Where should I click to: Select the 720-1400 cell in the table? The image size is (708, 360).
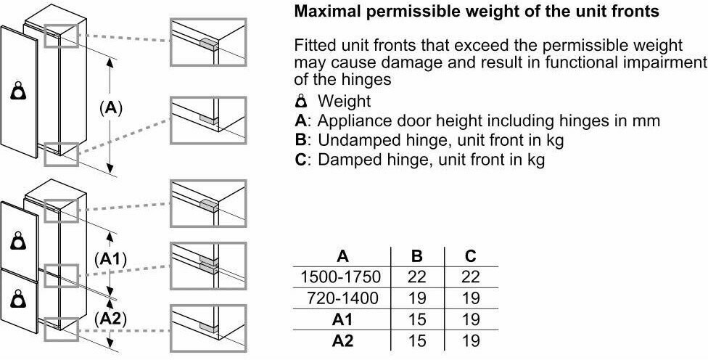pos(342,298)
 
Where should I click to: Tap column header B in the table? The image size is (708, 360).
pos(417,256)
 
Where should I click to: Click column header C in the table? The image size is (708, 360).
pos(471,256)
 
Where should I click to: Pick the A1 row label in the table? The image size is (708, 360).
pos(342,319)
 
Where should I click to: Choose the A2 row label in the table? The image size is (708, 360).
pos(342,340)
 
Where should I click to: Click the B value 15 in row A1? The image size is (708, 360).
pos(417,319)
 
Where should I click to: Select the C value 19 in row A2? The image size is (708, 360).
pos(471,340)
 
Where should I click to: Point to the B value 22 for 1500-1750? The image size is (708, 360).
pos(417,277)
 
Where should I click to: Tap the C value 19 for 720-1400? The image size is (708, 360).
pos(471,298)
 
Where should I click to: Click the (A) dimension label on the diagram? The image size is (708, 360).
pos(110,108)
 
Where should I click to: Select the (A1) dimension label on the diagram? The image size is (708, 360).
pos(110,259)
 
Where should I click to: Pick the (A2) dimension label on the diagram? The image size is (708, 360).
pos(110,319)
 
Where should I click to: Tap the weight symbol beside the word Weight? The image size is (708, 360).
pos(301,101)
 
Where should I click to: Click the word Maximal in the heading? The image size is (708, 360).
pos(325,12)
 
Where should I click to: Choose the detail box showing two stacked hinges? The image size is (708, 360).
pos(208,266)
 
